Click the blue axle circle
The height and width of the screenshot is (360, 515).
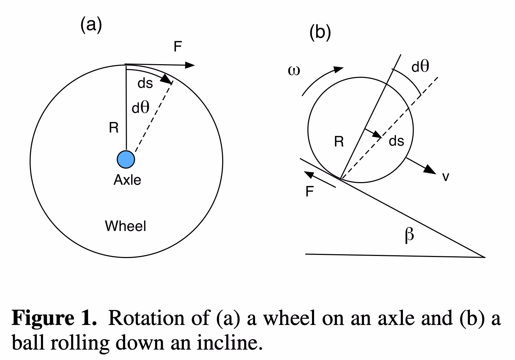click(x=126, y=160)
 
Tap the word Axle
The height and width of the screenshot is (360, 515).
click(x=127, y=180)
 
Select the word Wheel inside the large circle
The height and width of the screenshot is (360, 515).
click(x=125, y=226)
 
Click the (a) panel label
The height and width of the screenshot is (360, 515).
click(x=91, y=25)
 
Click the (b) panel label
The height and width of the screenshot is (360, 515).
click(x=320, y=33)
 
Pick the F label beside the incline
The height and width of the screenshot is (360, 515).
click(x=310, y=191)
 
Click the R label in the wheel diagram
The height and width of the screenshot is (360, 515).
click(x=113, y=128)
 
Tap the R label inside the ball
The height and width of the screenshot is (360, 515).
click(x=339, y=142)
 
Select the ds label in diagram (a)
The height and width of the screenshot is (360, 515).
click(x=145, y=84)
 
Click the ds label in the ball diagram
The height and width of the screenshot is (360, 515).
click(x=396, y=141)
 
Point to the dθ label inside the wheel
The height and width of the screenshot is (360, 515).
click(x=141, y=108)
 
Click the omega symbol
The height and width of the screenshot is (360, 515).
click(x=294, y=71)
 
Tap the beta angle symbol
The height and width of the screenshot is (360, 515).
click(x=410, y=235)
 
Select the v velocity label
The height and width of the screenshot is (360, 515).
click(x=446, y=177)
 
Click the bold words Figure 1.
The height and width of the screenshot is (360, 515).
click(x=54, y=318)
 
